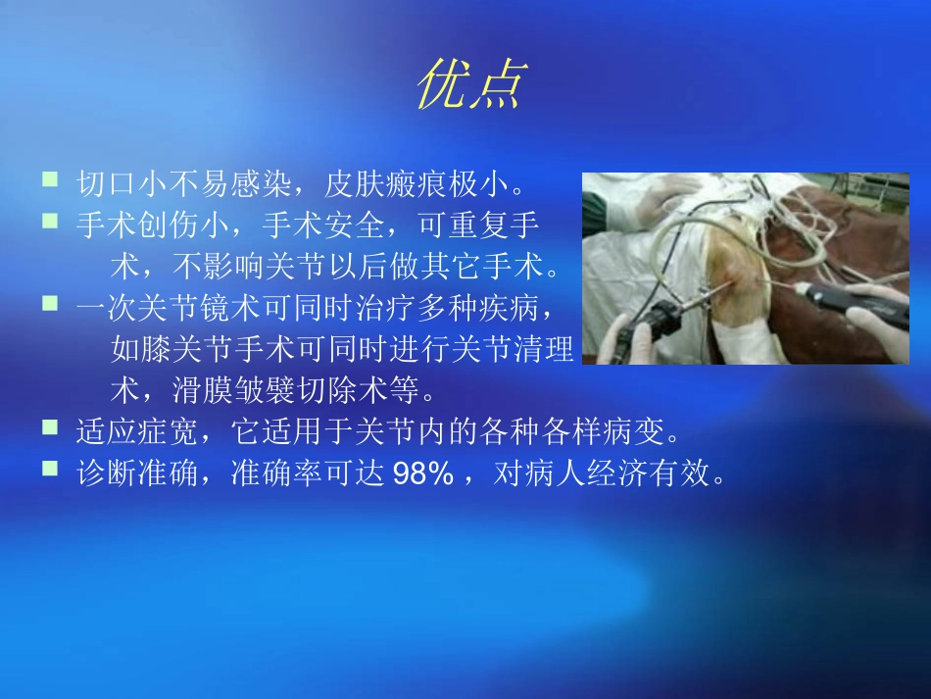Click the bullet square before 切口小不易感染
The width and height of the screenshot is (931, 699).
pyautogui.click(x=51, y=179)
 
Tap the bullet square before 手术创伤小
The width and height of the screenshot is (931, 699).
pyautogui.click(x=51, y=223)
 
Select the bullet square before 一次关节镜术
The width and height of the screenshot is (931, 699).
pyautogui.click(x=51, y=306)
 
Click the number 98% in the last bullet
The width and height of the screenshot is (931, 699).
pyautogui.click(x=422, y=474)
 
